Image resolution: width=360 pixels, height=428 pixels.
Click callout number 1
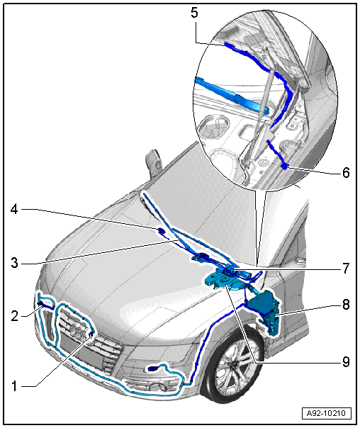pyautogui.click(x=14, y=386)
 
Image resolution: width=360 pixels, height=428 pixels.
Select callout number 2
pyautogui.click(x=14, y=316)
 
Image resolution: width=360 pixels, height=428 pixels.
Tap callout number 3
pyautogui.click(x=14, y=264)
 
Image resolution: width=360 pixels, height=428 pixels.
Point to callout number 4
pyautogui.click(x=14, y=210)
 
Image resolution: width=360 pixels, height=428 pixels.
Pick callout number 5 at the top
pyautogui.click(x=194, y=13)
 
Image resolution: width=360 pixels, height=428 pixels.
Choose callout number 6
pyautogui.click(x=346, y=172)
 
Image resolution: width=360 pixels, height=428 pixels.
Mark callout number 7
pyautogui.click(x=346, y=268)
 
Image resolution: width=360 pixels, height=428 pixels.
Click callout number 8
pyautogui.click(x=346, y=305)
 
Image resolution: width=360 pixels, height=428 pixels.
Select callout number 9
pyautogui.click(x=346, y=362)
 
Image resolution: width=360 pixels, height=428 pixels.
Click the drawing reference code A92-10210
pyautogui.click(x=327, y=413)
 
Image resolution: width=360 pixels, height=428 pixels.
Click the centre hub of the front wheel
pyautogui.click(x=235, y=364)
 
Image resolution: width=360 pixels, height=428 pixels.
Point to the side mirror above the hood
pyautogui.click(x=153, y=162)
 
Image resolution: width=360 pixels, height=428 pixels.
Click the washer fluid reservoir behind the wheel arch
pyautogui.click(x=264, y=312)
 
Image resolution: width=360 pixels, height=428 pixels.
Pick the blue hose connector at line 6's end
pyautogui.click(x=284, y=165)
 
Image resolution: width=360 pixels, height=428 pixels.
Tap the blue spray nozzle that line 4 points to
pyautogui.click(x=160, y=230)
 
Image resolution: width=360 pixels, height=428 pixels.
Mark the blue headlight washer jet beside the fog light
pyautogui.click(x=152, y=369)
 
